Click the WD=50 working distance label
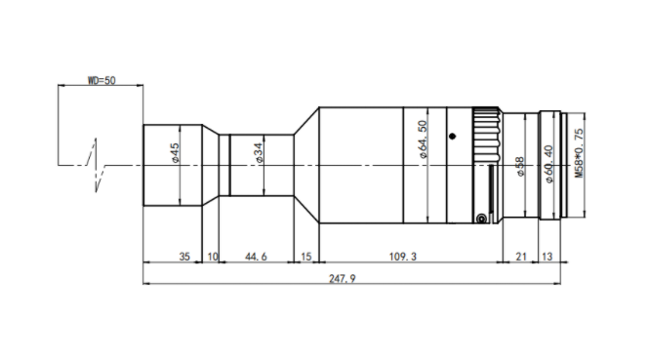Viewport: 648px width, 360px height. point(101,80)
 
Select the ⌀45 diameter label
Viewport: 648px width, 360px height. point(176,152)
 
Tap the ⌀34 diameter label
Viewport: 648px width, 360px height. point(259,152)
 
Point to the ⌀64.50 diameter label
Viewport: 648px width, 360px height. point(422,140)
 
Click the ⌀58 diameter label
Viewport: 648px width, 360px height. point(520,167)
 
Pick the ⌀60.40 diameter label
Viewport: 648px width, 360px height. point(548,164)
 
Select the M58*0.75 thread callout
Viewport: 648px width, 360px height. point(580,153)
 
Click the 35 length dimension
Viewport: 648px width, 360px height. point(184,257)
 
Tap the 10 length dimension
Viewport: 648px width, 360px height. point(213,257)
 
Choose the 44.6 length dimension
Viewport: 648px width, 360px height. point(256,257)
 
